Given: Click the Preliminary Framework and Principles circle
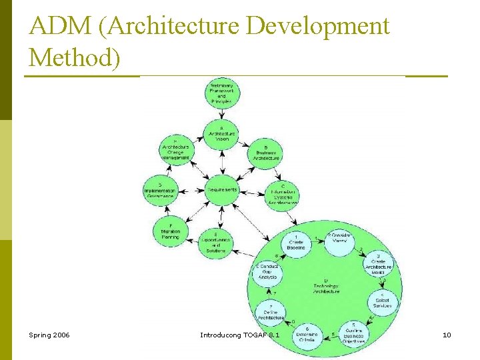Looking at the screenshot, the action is click(x=222, y=94).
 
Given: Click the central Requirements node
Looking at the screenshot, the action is click(x=222, y=190).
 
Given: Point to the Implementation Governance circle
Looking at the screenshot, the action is click(x=160, y=191).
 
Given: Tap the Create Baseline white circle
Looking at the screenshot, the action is click(x=295, y=243).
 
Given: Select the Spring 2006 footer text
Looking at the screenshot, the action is click(x=49, y=334).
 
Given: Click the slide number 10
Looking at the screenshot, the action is click(x=447, y=334).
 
